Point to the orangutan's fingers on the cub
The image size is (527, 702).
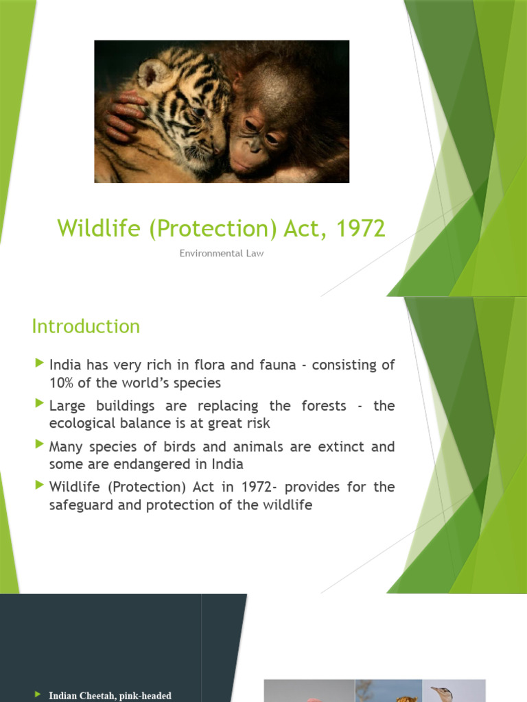pyautogui.click(x=123, y=112)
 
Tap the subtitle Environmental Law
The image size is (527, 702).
pyautogui.click(x=222, y=254)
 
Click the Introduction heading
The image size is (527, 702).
pyautogui.click(x=86, y=326)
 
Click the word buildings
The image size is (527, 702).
pyautogui.click(x=129, y=406)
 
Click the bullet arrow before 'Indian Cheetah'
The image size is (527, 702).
pyautogui.click(x=38, y=695)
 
